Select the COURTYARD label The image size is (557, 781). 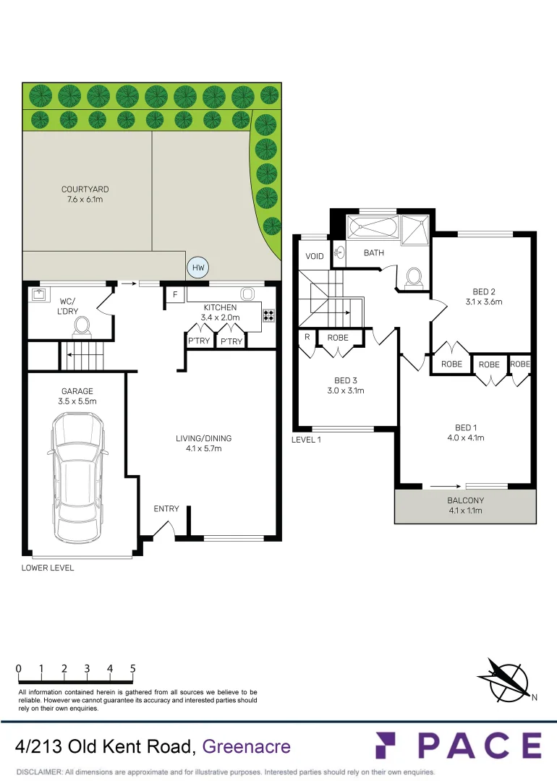pos(85,189)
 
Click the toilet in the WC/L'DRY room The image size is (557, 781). pos(81,327)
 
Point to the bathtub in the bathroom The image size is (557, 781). pos(373,228)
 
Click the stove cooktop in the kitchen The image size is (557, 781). pos(268,315)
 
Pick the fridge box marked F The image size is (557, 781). pos(174,294)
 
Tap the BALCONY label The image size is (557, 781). pos(465,500)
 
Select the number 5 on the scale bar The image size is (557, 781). pos(133,669)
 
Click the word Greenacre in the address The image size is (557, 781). pos(247,746)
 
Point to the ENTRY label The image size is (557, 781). pos(166,509)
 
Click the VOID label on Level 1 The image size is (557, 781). pos(315,257)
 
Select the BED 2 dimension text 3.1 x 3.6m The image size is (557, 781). pos(482,302)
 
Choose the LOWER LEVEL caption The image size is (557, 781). pos(48,568)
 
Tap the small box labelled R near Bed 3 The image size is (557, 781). pos(307,337)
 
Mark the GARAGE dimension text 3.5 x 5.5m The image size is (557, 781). pos(77,401)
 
